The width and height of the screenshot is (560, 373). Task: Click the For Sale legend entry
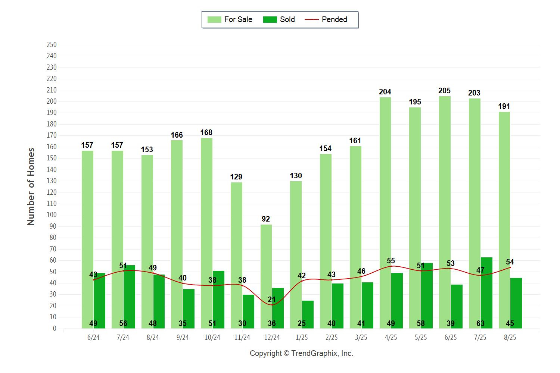coord(230,19)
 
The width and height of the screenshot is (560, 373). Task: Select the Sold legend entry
coord(279,19)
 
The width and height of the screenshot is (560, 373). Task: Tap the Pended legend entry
coord(326,19)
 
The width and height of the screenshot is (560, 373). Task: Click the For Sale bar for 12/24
coord(266,276)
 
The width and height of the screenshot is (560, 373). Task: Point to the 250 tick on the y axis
coord(52,45)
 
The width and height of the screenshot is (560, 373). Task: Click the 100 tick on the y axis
coord(52,215)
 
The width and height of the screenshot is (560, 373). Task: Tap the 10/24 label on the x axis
coord(212,338)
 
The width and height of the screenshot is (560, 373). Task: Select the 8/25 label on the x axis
coord(510,338)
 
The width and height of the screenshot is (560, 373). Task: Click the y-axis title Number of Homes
coord(31,186)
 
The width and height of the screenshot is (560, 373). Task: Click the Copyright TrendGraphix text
coord(301,354)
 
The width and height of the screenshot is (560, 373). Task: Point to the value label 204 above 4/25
coord(385,92)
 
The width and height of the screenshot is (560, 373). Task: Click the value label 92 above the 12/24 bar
coord(265,219)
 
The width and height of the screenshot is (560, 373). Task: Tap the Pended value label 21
coord(272,300)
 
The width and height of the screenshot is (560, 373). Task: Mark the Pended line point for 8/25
coord(510,267)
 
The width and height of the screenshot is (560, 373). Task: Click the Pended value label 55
coord(391,261)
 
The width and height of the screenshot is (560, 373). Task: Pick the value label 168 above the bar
coord(206,132)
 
